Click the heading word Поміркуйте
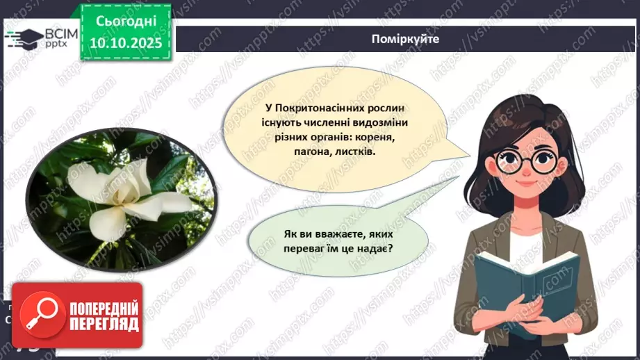pos(405,39)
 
